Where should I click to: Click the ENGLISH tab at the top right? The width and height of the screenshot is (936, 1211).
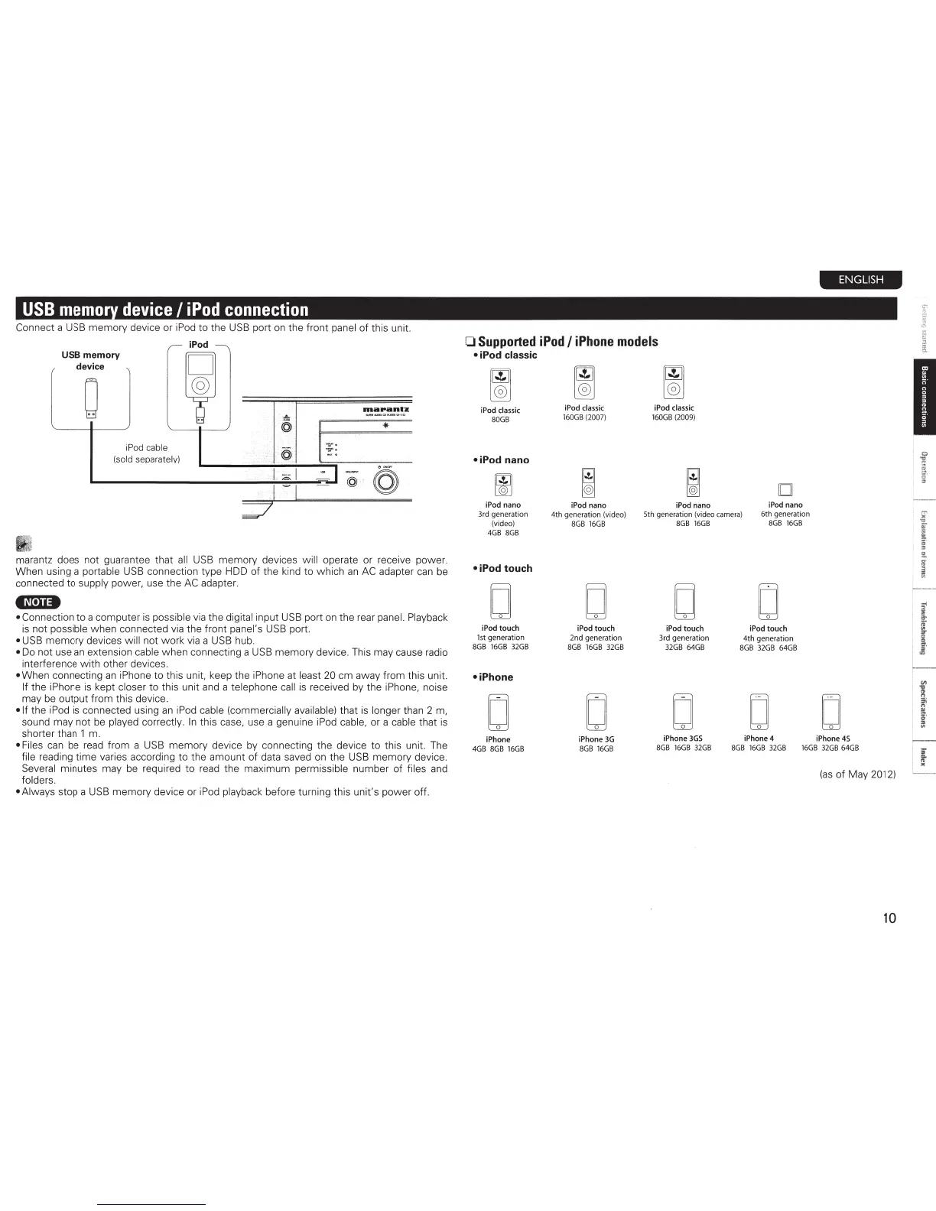[860, 280]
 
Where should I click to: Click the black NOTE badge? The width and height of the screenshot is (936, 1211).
[38, 602]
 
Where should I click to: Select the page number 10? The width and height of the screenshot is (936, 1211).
[889, 917]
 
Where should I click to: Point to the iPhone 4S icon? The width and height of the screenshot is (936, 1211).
[830, 712]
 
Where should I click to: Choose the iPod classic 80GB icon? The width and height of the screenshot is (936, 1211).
[500, 384]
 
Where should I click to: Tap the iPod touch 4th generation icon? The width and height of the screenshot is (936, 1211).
[769, 602]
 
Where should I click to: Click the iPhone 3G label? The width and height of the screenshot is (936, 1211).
[596, 739]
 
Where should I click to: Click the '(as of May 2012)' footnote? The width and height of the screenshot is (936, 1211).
[857, 774]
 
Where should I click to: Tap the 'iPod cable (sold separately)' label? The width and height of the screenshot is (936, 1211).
[146, 453]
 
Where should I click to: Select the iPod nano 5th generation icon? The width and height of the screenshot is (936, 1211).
[693, 482]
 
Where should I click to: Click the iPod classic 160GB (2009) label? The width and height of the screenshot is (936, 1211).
[674, 413]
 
